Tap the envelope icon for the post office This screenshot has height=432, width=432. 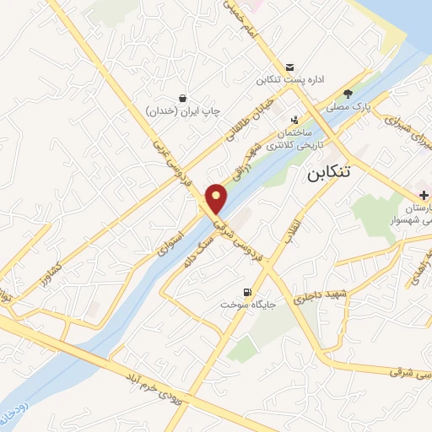point(290,67)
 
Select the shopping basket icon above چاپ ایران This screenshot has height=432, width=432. point(183,97)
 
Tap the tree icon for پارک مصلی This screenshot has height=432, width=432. point(348,94)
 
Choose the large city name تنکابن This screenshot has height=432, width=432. point(326,172)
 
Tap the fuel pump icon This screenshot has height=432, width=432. point(247,289)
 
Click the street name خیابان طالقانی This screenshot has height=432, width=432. point(245,124)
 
